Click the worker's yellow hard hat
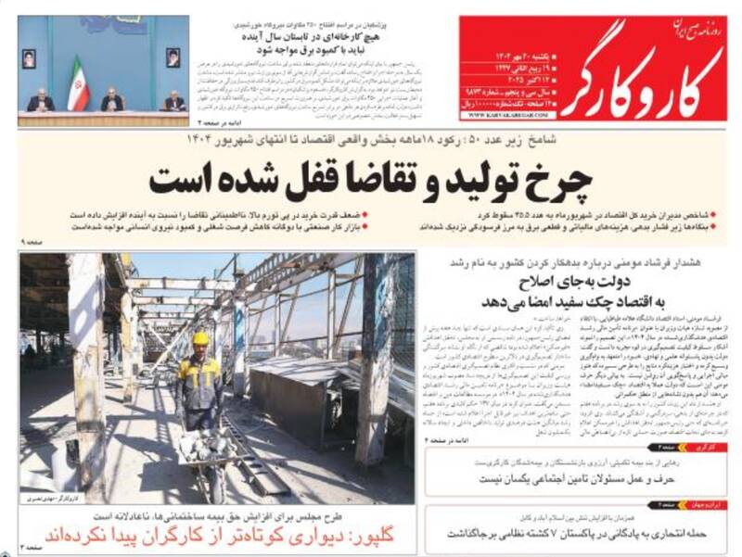click(x=200, y=339)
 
